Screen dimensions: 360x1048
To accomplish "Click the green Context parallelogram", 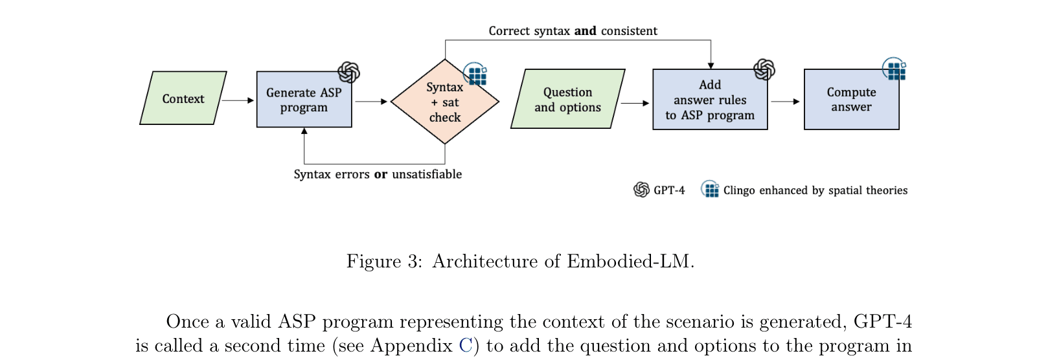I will click(x=183, y=98).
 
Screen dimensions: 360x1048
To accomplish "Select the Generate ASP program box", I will click(x=304, y=100).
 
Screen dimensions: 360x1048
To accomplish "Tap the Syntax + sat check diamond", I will click(x=444, y=102).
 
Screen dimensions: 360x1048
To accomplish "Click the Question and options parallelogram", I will click(x=567, y=100).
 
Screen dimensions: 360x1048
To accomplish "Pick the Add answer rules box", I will click(x=710, y=100).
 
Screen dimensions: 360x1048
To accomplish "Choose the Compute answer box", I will click(x=851, y=100).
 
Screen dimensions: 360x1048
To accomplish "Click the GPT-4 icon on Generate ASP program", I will click(x=348, y=73).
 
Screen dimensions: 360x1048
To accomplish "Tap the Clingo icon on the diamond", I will click(x=476, y=75).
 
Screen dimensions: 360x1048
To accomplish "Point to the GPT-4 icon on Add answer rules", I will click(x=764, y=69).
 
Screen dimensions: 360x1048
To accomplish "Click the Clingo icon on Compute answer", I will click(x=895, y=69).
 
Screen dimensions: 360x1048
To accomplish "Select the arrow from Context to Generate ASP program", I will click(x=238, y=100).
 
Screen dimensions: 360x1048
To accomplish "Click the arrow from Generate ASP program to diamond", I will click(x=371, y=102).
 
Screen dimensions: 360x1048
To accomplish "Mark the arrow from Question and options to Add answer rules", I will click(x=635, y=103).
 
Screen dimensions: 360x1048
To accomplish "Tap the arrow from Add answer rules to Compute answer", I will click(x=786, y=102).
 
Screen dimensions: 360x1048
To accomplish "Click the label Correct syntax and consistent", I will click(x=573, y=31).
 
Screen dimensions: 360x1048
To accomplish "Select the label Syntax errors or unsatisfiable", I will click(x=378, y=174).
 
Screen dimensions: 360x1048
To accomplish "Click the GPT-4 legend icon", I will click(x=641, y=190).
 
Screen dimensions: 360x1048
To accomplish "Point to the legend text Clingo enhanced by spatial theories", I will click(x=815, y=190).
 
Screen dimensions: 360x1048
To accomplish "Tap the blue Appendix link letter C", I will click(x=465, y=346).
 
